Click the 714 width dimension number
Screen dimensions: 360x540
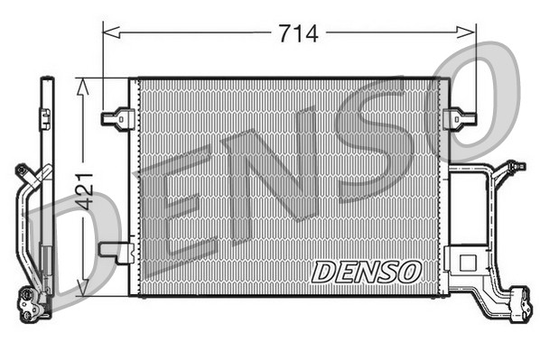[297, 33]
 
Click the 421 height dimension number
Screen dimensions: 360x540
[84, 190]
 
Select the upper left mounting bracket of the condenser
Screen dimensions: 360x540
[118, 117]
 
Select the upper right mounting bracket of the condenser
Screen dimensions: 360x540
[461, 117]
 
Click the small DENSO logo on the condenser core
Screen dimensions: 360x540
[366, 271]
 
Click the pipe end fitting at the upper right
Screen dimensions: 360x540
[515, 166]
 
